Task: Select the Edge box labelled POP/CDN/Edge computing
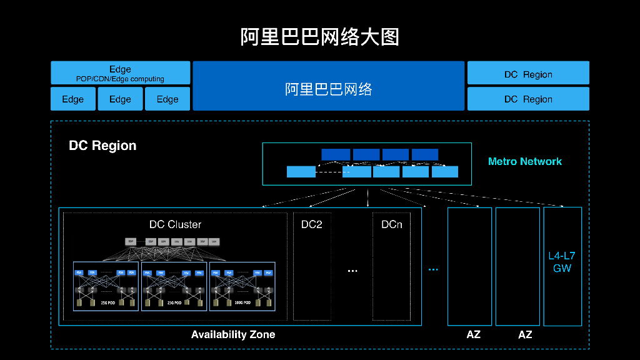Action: [x=120, y=72]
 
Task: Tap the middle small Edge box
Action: [x=120, y=99]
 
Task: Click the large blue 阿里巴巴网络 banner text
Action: [x=329, y=89]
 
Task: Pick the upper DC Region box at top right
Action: [x=528, y=74]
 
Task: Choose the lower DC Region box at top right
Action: [x=528, y=99]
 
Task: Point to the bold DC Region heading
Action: [x=102, y=146]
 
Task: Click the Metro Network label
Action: [x=524, y=161]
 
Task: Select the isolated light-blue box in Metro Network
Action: [x=301, y=172]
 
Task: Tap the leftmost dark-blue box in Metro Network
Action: [x=336, y=154]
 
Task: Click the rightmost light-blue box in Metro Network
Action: [x=445, y=172]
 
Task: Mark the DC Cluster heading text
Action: [x=175, y=224]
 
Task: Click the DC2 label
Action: [x=311, y=224]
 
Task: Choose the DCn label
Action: [x=392, y=224]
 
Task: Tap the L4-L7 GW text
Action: [x=562, y=262]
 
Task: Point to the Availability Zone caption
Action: [x=233, y=334]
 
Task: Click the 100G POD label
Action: [x=242, y=302]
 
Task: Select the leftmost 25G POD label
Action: [x=106, y=302]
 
